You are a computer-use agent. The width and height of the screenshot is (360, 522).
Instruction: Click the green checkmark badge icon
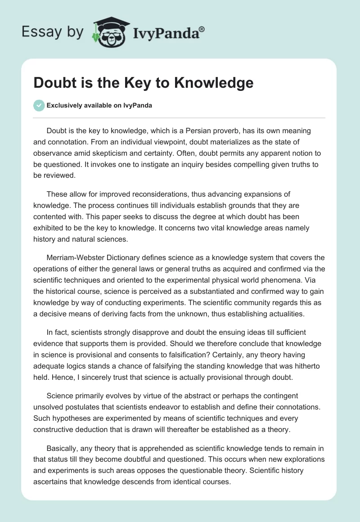point(39,105)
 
